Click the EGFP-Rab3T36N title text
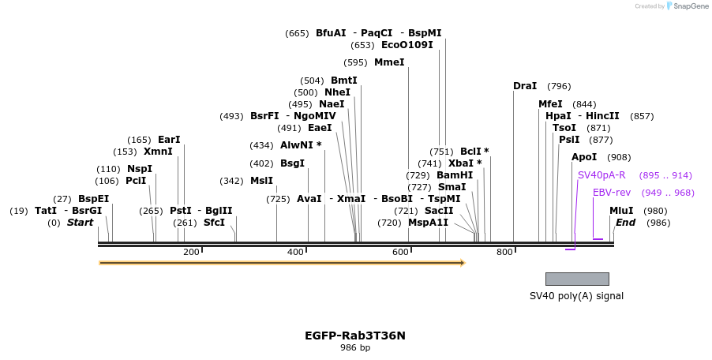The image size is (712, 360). (355, 336)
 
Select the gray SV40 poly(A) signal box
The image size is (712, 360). (577, 279)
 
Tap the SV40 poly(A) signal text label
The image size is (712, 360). (576, 296)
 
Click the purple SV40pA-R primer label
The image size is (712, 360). (601, 175)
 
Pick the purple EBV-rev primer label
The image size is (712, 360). (612, 193)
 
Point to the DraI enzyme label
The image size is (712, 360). (525, 86)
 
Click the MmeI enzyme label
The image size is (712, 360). (389, 62)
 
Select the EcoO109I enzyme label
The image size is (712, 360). (407, 45)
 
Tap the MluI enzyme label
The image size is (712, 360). (621, 211)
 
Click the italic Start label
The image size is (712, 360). (80, 223)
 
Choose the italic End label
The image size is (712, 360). (625, 223)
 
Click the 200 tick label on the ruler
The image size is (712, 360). (191, 252)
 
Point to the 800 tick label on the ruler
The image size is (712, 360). (504, 252)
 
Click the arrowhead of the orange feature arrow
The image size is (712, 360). (463, 263)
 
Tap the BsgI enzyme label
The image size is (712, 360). (292, 163)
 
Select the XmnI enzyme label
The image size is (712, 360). (158, 152)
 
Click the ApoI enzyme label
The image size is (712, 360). (584, 157)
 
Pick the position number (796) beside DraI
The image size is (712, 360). (559, 86)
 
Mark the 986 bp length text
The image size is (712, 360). (355, 348)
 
